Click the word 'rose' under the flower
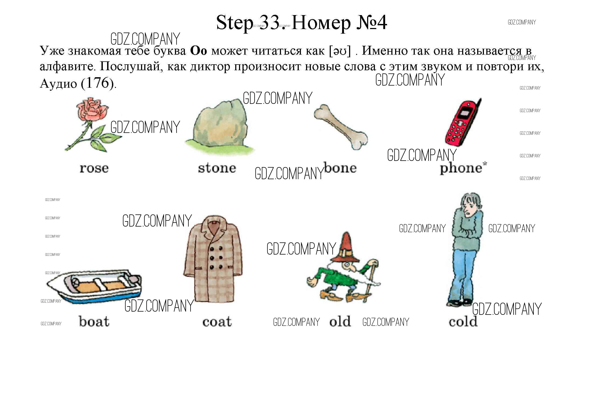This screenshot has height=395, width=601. click(x=94, y=168)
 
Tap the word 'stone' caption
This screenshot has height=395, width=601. click(x=217, y=168)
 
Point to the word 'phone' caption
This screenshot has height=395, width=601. click(x=461, y=169)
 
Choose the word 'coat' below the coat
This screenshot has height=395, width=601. click(x=217, y=322)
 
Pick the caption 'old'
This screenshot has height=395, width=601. click(x=340, y=321)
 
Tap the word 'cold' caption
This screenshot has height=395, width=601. click(x=463, y=321)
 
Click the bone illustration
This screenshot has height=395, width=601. click(x=341, y=126)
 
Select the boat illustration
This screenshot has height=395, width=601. click(x=94, y=287)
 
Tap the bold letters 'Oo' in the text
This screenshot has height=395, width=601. click(x=199, y=51)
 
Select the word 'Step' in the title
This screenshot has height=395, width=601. click(x=234, y=23)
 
